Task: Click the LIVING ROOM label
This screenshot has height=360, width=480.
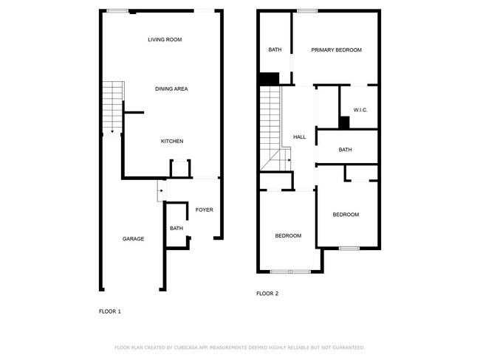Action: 165,40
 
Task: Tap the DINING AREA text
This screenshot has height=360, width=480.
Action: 171,89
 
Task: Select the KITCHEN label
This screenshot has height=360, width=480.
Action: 172,141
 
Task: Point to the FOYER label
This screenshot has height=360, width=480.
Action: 204,210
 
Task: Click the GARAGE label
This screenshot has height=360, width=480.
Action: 133,239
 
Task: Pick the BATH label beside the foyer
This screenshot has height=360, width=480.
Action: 176,229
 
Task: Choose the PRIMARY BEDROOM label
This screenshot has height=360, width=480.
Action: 336,50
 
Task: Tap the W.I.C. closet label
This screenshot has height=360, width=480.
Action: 360,110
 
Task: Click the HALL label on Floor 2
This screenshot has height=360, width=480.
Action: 299,137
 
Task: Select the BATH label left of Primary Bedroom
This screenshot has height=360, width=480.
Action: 275,50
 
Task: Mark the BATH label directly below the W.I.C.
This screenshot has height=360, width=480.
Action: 346,150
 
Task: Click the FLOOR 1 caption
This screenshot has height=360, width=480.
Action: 110,312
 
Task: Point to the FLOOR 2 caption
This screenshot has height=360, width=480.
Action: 267,294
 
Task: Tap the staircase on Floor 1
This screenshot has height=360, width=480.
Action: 112,108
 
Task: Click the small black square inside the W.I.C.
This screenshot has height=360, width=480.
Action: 344,123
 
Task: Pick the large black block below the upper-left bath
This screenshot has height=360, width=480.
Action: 269,78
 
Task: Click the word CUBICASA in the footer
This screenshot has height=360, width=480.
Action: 191,347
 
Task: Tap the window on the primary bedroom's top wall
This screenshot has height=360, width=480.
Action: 308,10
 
